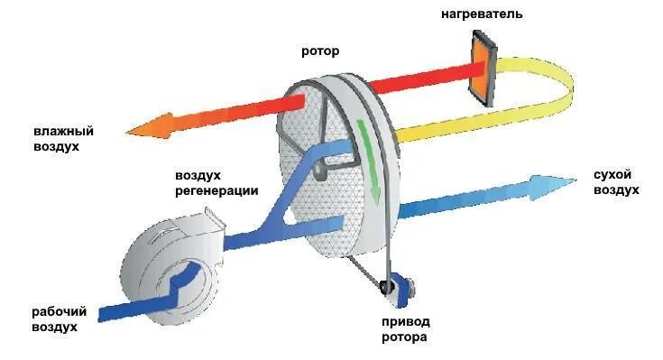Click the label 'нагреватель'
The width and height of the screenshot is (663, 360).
point(483,14)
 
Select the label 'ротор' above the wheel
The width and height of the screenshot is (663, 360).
point(320,51)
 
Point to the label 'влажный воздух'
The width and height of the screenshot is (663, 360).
point(64,138)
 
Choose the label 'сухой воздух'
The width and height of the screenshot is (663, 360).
point(617,182)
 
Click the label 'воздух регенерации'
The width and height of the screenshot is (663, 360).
point(216,183)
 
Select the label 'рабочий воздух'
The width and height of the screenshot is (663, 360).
point(59,319)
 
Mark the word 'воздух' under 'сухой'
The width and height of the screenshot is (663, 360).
point(617,190)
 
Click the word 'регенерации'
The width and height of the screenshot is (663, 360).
point(216,191)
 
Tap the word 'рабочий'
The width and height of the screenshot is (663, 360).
point(59,311)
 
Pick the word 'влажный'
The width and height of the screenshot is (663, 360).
point(64,131)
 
